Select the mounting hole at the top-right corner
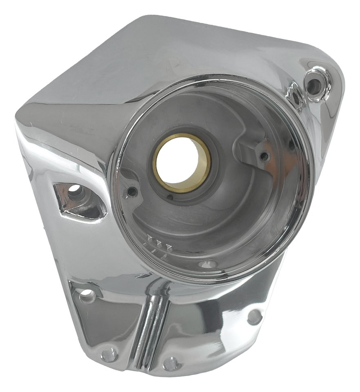tap(314, 86)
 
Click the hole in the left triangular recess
tap(75, 189)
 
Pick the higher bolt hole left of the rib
tap(87, 294)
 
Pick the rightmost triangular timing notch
tap(168, 247)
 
